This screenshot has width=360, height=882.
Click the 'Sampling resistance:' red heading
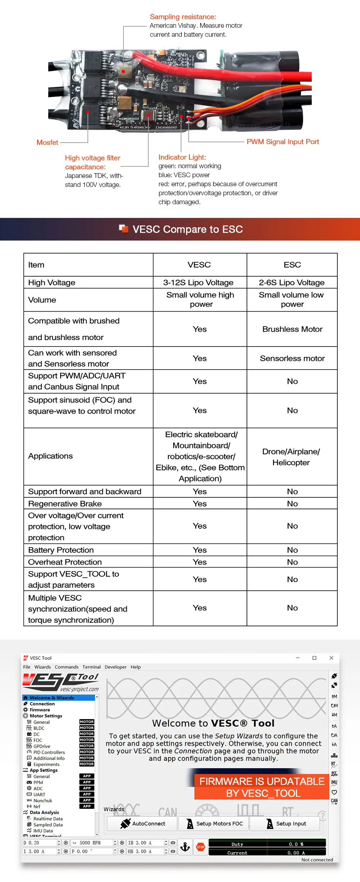tap(183, 17)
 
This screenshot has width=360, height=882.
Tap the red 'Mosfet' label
tap(47, 143)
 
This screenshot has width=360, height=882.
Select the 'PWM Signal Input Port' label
tap(283, 142)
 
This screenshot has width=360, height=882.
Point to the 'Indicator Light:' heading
tap(182, 157)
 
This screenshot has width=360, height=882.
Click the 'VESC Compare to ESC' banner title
tap(188, 229)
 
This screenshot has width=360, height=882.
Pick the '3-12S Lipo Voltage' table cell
tap(198, 283)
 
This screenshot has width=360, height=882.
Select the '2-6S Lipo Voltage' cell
tap(292, 283)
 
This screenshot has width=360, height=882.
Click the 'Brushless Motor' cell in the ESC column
tap(292, 329)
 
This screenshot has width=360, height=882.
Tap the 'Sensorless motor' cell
tap(292, 358)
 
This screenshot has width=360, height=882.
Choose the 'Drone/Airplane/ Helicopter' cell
tap(291, 457)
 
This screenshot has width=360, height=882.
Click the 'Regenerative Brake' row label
tap(65, 504)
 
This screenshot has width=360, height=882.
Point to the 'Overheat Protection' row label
tap(65, 562)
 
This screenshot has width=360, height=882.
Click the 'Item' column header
tap(36, 265)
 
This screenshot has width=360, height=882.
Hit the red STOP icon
tap(201, 847)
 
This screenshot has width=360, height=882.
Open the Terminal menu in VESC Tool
tap(91, 667)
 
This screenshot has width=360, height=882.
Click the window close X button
tap(331, 658)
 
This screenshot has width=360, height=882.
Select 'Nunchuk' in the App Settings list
tap(42, 801)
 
